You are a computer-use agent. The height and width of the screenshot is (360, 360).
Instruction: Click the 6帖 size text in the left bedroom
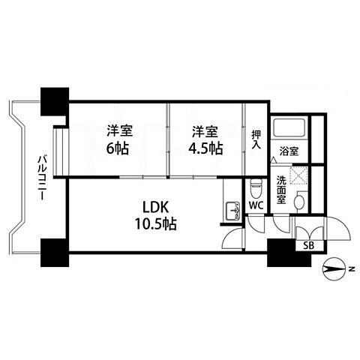point(116,148)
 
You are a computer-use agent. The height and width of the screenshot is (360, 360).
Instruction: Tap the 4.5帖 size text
point(205,148)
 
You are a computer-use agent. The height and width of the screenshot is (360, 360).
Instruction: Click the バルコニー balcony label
point(41,175)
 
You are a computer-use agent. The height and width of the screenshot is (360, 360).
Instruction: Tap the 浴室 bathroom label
point(288,151)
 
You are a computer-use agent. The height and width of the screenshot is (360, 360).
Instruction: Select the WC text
point(254,205)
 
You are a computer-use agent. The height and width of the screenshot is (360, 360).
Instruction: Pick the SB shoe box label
point(309,245)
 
